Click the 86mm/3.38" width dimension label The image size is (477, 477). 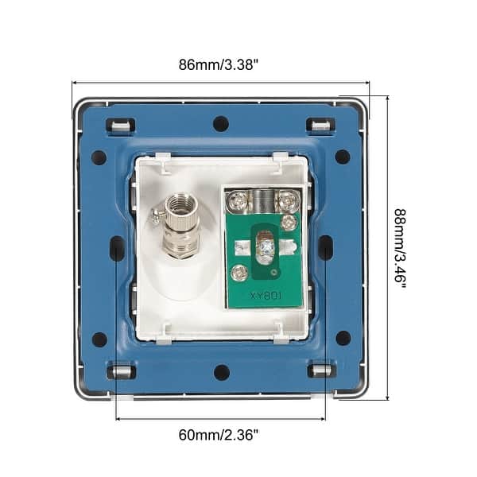coord(219,65)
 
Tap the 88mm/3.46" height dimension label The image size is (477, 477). coord(400,248)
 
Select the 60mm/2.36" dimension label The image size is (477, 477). coord(219,435)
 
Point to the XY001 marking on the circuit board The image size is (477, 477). coord(266,296)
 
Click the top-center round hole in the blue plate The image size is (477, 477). coord(221,123)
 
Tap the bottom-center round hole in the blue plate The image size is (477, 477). coord(222,372)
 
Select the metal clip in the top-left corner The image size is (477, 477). coord(121,126)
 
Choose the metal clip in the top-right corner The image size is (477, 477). coord(320,126)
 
